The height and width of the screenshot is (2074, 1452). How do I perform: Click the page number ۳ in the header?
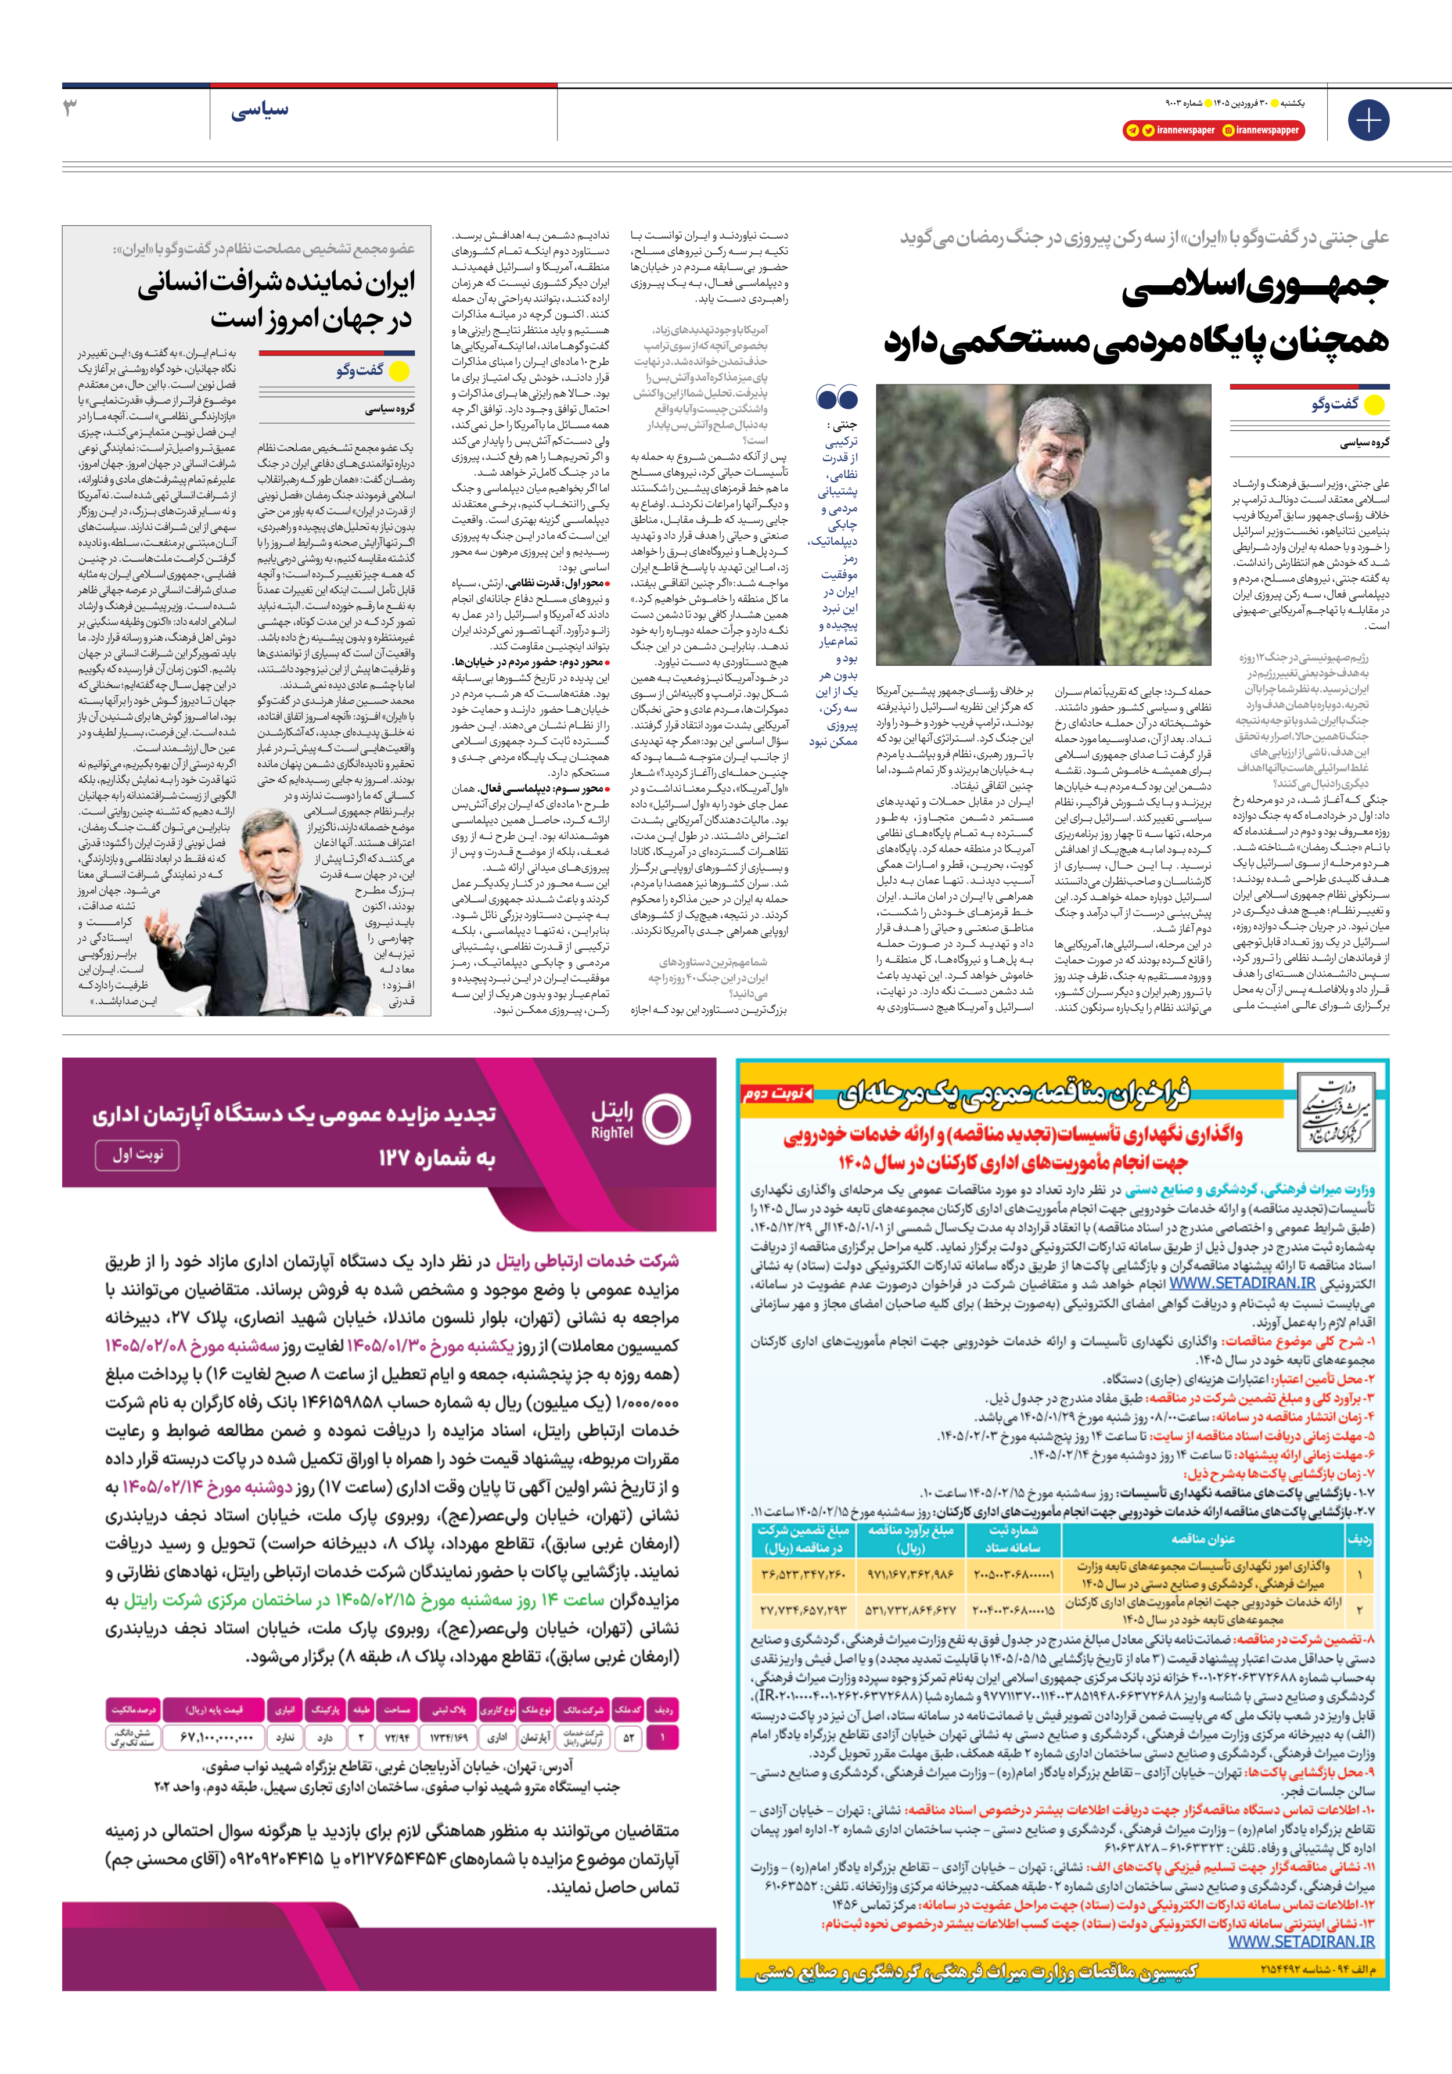[70, 107]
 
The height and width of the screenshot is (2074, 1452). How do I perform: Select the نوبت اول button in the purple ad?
[137, 1155]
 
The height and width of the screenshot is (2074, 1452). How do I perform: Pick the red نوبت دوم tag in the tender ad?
[777, 1094]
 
